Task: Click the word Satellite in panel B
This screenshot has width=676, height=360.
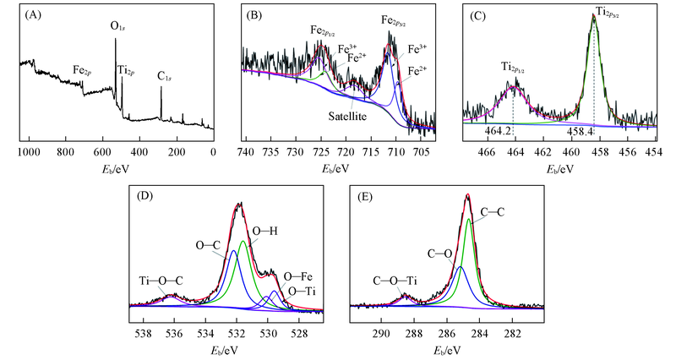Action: point(347,116)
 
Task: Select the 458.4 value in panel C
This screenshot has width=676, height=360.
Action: point(581,131)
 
